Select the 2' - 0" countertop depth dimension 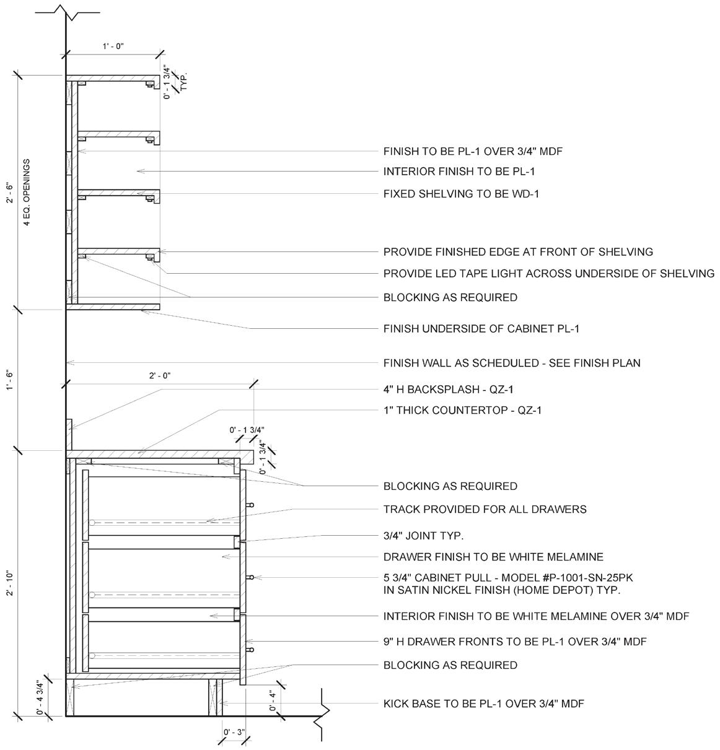coord(159,375)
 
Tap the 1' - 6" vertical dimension coord(10,377)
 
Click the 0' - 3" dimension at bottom coord(234,733)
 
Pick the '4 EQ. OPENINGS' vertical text coord(27,193)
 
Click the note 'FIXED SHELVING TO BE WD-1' coord(461,194)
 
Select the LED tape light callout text coord(548,273)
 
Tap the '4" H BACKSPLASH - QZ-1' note coord(448,390)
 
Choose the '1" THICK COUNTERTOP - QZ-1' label coord(462,410)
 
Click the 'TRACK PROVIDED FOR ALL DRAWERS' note coord(485,509)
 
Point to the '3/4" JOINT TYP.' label coord(423,535)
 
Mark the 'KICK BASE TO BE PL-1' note coord(483,704)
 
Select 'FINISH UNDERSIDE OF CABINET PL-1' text coord(481,328)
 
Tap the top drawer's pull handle coord(250,505)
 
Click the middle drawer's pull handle coord(250,577)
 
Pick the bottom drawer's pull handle coord(250,650)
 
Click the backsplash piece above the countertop coord(69,425)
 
